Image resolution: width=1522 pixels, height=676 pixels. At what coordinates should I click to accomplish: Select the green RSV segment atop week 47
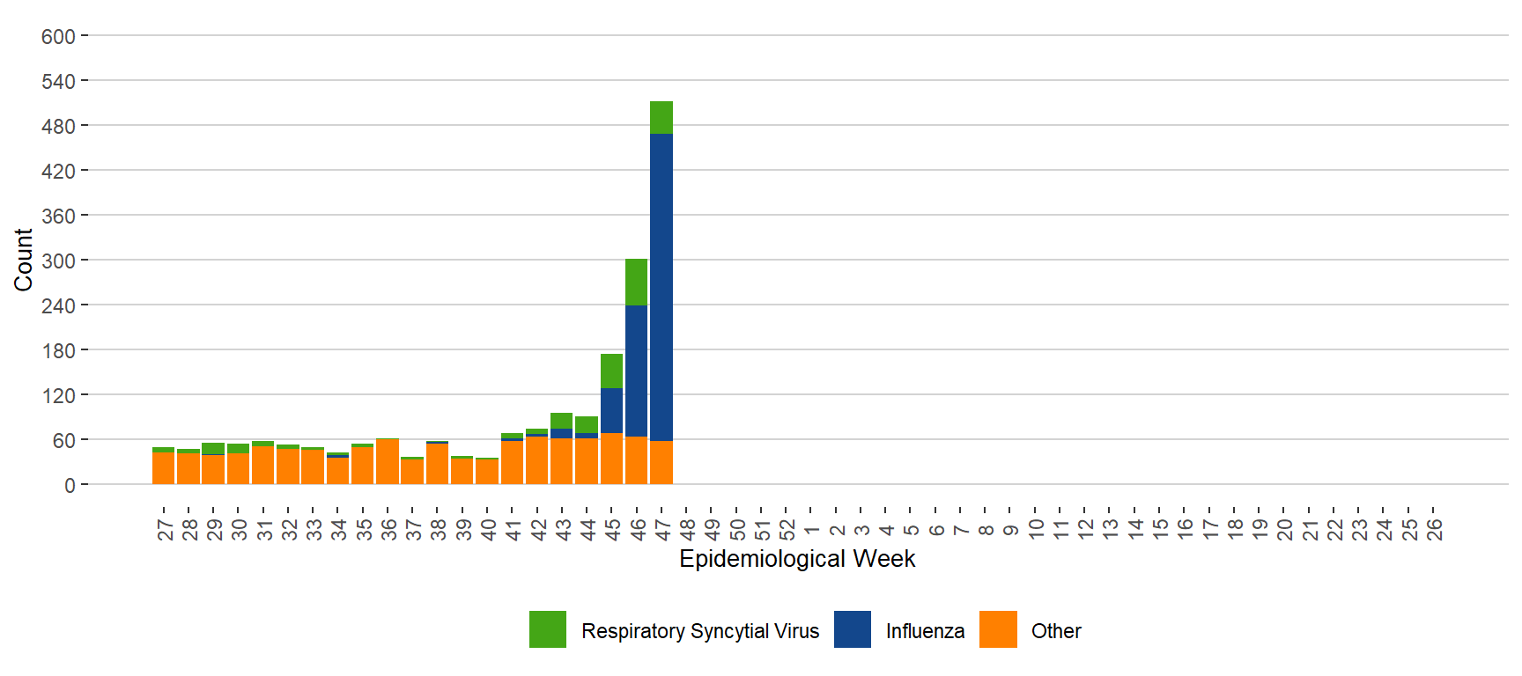coord(661,117)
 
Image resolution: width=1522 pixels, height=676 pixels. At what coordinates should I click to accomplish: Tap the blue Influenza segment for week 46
coord(636,371)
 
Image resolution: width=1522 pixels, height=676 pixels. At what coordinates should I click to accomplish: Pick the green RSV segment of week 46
coord(636,282)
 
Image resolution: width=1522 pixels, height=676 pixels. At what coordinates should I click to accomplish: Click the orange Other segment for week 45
coord(611,458)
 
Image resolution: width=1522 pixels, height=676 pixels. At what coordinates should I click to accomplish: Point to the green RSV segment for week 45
coord(611,371)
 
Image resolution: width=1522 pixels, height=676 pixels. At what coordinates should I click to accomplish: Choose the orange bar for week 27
coord(163,467)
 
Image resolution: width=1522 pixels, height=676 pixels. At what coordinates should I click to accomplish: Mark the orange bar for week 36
coord(388,461)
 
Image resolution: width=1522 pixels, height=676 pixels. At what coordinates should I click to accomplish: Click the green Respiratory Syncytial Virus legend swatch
coord(548,629)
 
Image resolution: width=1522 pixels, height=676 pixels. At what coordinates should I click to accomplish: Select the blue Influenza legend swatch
coord(852,629)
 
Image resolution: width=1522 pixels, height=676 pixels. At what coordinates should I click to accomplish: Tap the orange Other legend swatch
coord(998,629)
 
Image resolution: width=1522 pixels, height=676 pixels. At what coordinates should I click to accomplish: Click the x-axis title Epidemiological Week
coord(797,559)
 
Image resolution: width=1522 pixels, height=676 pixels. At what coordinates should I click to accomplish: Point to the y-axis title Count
coord(23,260)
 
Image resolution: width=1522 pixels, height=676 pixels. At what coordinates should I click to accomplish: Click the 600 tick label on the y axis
coord(58,37)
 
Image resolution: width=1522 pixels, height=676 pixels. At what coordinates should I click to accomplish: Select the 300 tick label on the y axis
coord(58,261)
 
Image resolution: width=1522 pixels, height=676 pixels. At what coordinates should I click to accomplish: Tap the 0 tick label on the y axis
coord(70,486)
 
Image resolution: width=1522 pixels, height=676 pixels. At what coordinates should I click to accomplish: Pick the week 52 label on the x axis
coord(787,529)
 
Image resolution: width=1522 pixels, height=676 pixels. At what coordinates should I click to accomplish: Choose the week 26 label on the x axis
coord(1434,529)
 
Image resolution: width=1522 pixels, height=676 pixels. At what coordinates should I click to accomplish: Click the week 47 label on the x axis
coord(662,529)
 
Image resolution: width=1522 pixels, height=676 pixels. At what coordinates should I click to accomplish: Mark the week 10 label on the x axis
coord(1036,529)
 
